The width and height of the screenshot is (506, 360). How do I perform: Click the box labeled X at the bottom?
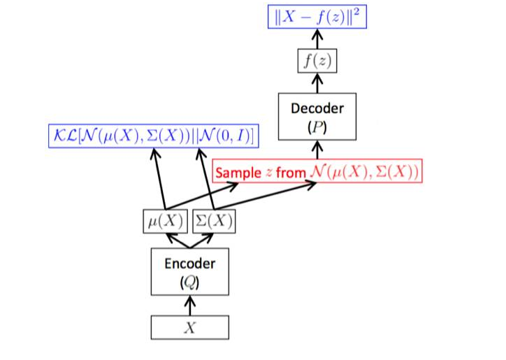(190, 327)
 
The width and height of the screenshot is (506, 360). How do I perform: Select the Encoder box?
(190, 271)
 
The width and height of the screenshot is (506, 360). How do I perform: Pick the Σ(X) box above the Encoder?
(212, 222)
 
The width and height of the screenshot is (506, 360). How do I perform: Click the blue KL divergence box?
(150, 134)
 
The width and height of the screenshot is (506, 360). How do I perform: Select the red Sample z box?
(317, 171)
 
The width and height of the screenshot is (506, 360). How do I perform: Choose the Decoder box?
(317, 116)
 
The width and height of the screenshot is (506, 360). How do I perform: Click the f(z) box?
(317, 62)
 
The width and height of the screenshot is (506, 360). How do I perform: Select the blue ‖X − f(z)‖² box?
(317, 16)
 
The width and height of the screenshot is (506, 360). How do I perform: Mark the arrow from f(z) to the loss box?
(317, 40)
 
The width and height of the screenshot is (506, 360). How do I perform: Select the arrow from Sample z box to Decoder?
(317, 150)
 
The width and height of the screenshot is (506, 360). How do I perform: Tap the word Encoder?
(190, 264)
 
